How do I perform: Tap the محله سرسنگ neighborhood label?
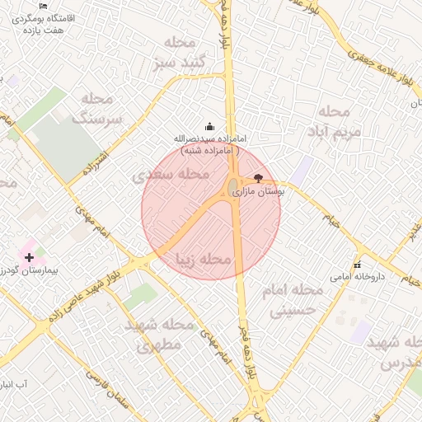click(98, 108)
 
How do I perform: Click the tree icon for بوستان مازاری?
click(259, 178)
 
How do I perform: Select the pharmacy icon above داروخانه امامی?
click(357, 265)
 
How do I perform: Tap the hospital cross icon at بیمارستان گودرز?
click(30, 257)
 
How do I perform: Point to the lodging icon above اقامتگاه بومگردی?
click(44, 6)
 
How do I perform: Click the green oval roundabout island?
click(233, 185)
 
